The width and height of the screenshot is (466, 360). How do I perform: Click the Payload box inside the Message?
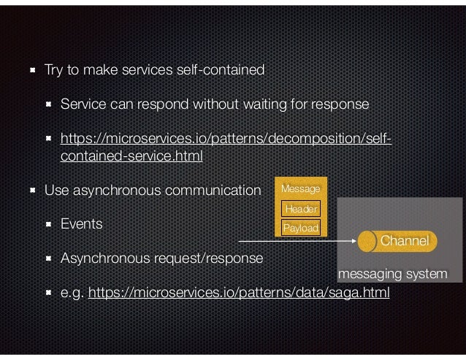point(301,228)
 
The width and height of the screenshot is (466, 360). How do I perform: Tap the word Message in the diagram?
point(301,190)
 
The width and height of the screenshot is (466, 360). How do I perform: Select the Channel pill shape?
point(398,240)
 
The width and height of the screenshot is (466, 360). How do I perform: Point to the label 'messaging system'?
point(393,274)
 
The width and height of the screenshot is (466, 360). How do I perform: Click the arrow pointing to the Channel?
point(299,240)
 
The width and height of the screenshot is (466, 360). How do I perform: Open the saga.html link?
point(239,294)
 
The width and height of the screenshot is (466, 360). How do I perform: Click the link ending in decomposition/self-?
point(226,139)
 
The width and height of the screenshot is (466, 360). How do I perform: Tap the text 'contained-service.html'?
point(131,156)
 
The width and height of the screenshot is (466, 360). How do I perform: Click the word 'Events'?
point(81,223)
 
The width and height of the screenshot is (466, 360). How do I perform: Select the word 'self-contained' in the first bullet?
point(223,71)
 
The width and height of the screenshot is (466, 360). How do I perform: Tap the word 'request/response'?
point(214,258)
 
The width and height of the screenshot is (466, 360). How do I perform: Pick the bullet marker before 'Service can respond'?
point(49,105)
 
